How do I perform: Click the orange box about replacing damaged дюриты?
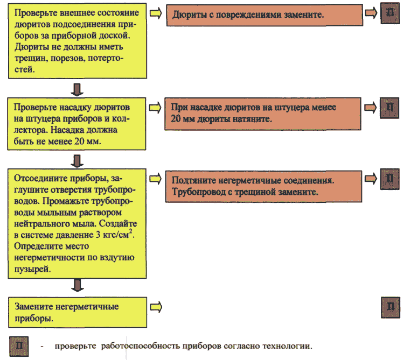[x=264, y=15]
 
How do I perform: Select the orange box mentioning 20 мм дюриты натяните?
[x=263, y=114]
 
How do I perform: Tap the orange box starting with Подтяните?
[x=263, y=186]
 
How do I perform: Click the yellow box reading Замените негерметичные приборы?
[x=78, y=313]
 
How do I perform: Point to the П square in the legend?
[x=19, y=346]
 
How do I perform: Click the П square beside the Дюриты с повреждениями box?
[x=391, y=13]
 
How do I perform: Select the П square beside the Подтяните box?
[x=390, y=179]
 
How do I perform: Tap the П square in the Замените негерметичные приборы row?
[x=391, y=307]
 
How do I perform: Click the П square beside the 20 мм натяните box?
[x=389, y=108]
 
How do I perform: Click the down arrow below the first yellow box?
[x=77, y=89]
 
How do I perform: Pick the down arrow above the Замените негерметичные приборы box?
[x=77, y=285]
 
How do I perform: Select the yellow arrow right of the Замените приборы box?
[x=156, y=307]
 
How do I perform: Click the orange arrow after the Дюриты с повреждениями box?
[x=371, y=13]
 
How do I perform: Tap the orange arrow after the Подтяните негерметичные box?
[x=371, y=178]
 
